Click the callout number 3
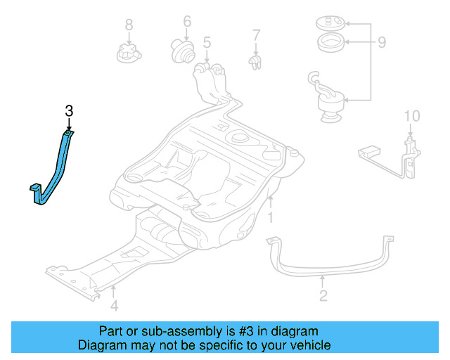coord(68,110)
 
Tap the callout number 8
coord(129,25)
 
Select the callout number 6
coord(187,21)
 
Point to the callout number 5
coord(207,44)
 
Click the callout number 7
coord(257,34)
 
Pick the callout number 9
coord(382,43)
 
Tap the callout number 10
coord(411,115)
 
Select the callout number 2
coord(323,295)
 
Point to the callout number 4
coord(114,305)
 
